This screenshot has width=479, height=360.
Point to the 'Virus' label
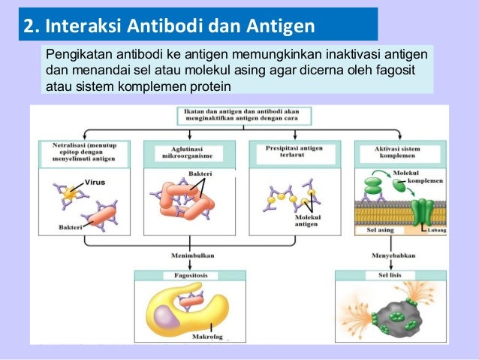(x=95, y=182)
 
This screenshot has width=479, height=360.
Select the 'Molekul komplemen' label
(x=417, y=177)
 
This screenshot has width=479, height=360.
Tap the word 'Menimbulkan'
(x=187, y=256)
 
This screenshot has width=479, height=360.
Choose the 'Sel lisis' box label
(x=386, y=276)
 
